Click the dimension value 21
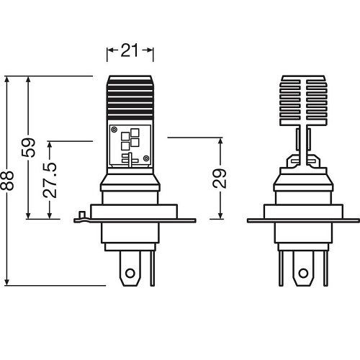130,50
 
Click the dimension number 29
221,177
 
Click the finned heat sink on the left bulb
130,97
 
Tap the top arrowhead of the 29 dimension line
221,139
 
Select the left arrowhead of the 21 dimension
109,50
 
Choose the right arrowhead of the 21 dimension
151,50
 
